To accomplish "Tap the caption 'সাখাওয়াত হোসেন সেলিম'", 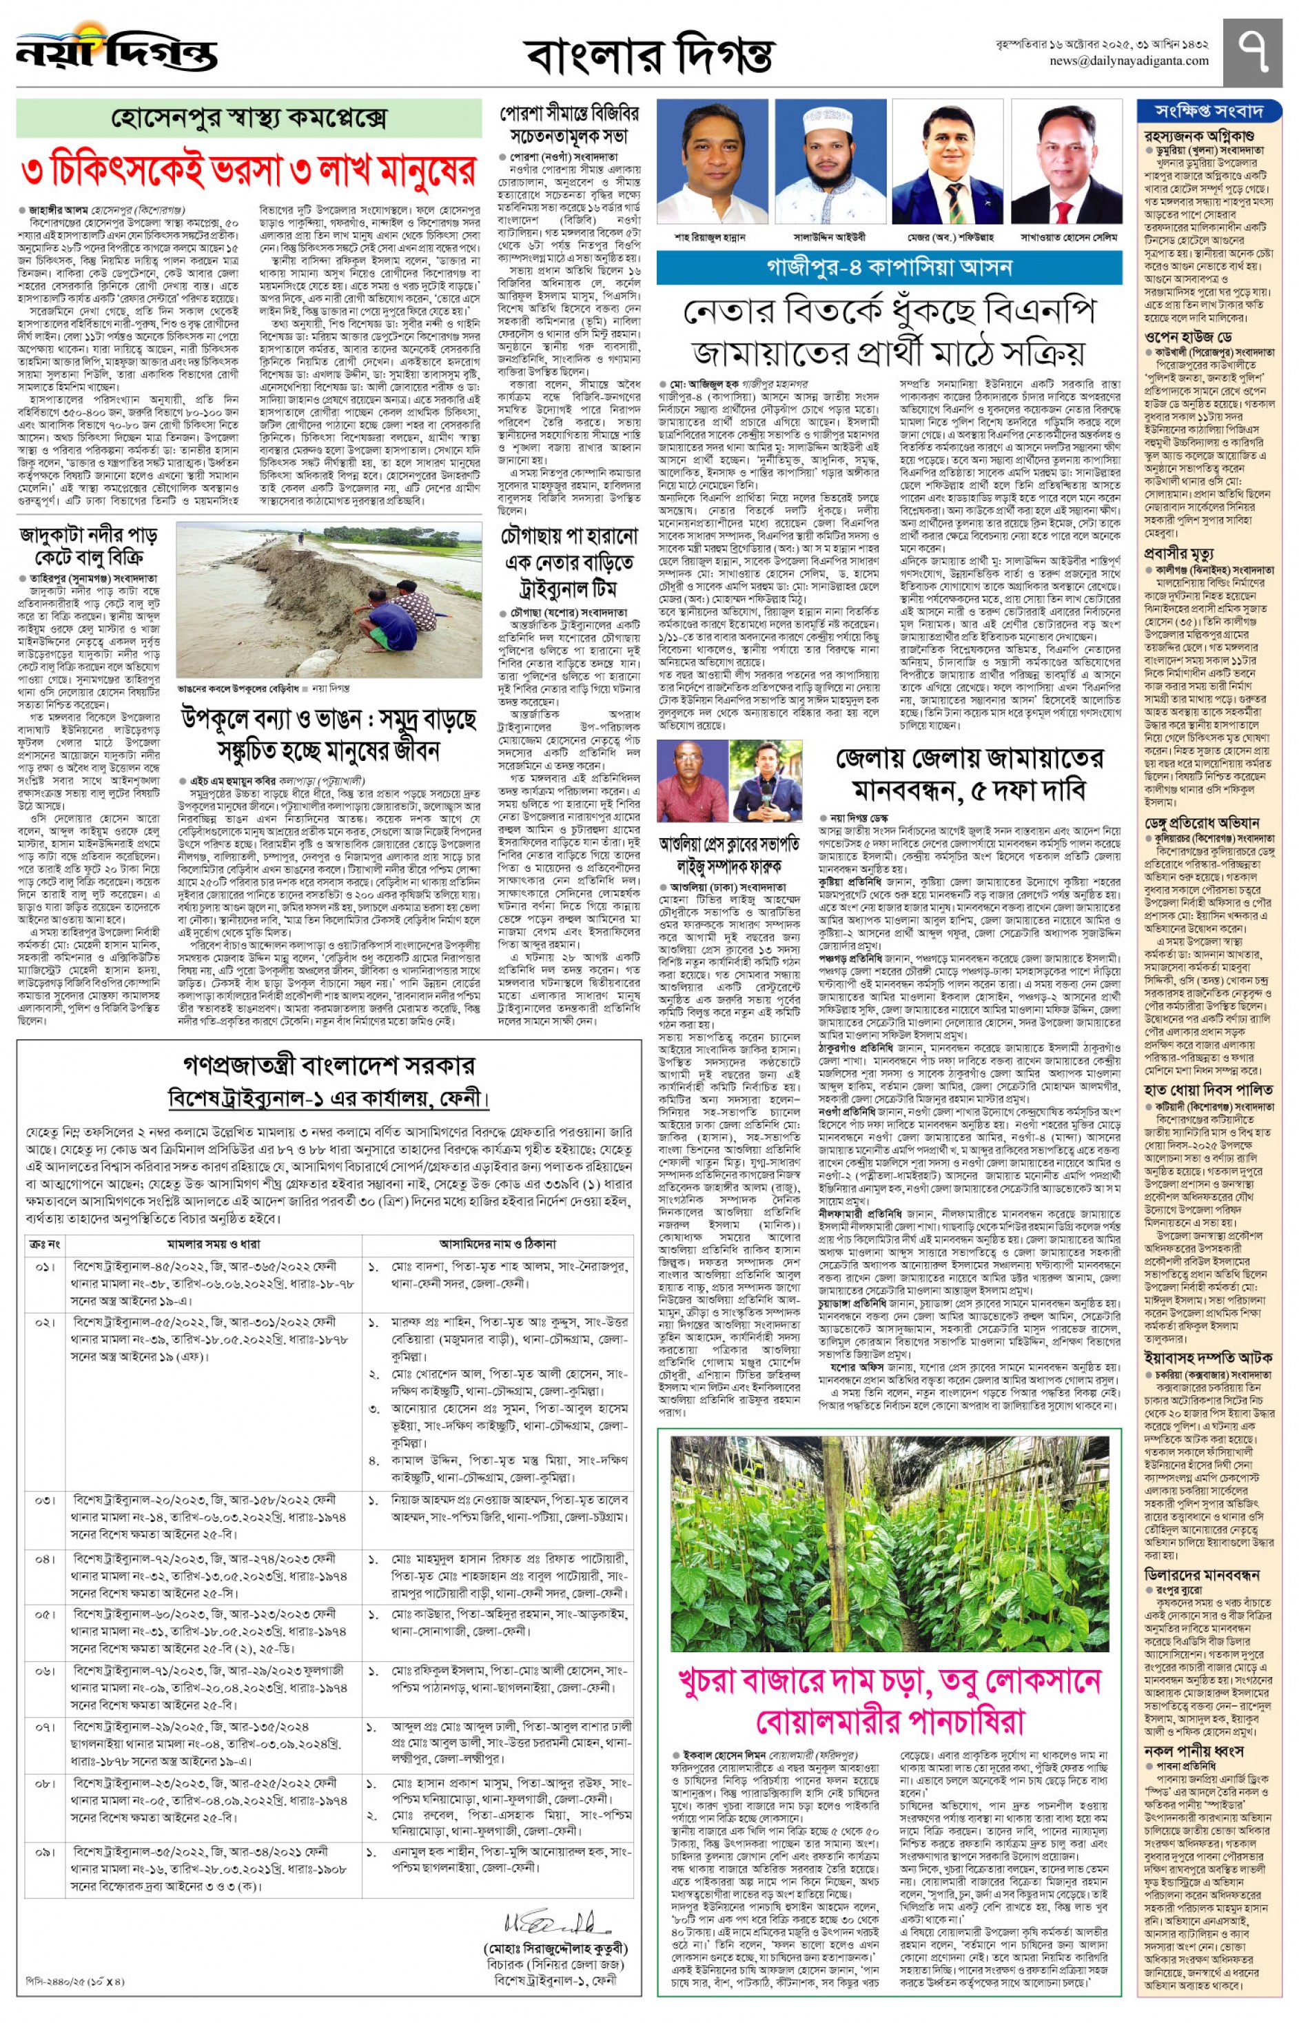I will [1069, 238].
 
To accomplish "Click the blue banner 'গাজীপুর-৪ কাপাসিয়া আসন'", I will [889, 268].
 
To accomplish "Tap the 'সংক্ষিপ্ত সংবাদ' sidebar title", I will [1209, 110].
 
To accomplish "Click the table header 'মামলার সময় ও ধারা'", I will [215, 1243].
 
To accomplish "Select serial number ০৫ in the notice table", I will [45, 1615].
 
